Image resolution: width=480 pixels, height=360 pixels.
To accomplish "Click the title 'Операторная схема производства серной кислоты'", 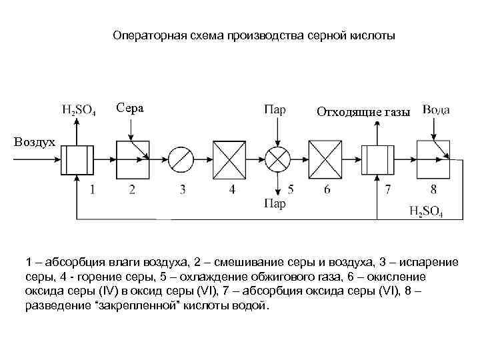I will (253, 35).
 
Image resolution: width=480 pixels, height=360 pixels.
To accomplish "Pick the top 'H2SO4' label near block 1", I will (78, 111).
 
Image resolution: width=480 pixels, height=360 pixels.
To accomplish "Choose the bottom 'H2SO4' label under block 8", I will (426, 211).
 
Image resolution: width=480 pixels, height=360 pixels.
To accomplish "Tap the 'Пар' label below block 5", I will (275, 204).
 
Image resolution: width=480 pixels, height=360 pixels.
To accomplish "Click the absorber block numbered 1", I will (79, 159).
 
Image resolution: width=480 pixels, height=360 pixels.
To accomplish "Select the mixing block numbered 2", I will (132, 159).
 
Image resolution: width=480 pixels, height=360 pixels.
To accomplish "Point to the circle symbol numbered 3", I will (181, 159).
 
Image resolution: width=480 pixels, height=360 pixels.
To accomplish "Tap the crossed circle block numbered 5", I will (276, 159).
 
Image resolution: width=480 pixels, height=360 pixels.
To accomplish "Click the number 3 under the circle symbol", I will (183, 190).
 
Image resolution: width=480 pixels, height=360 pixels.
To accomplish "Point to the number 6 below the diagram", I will (327, 190).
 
